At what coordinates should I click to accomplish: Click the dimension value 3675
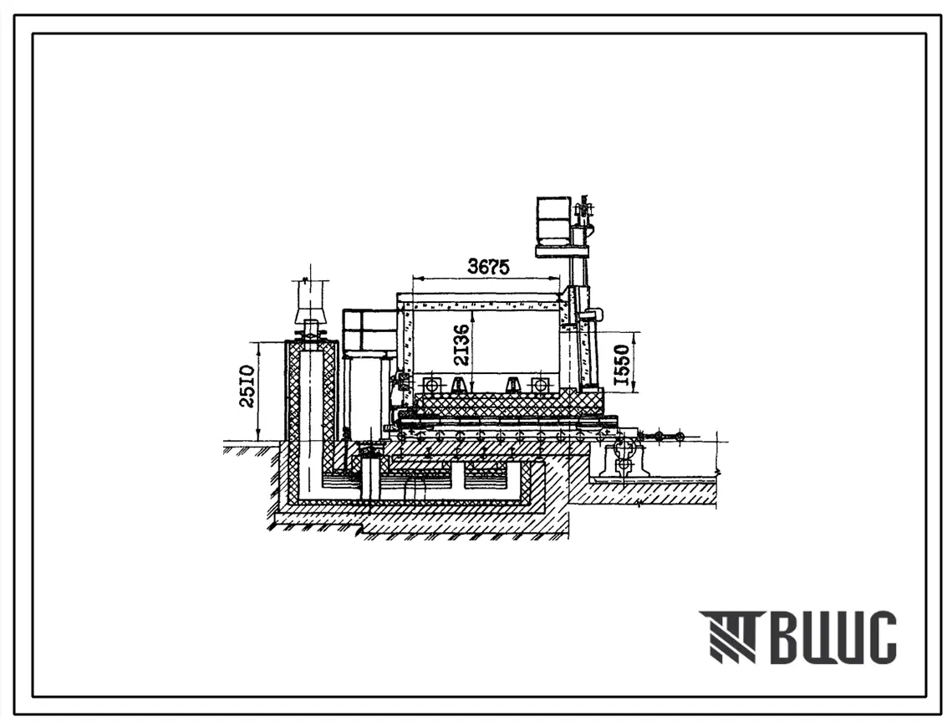pos(489,266)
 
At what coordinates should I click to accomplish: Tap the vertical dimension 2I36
pos(463,345)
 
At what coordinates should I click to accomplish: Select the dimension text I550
pos(622,366)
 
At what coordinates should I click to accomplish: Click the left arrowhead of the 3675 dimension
pos(416,279)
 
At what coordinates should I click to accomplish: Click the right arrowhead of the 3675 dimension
pos(556,279)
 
